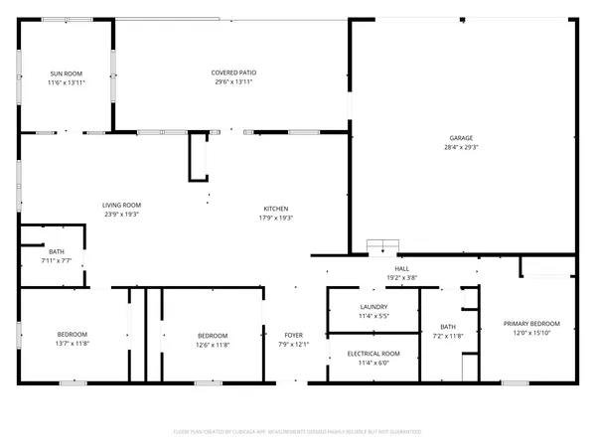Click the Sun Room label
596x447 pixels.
66,74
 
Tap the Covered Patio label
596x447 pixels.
231,74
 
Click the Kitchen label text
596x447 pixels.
276,209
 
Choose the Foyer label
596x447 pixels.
293,336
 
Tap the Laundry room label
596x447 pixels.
373,307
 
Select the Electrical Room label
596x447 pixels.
373,354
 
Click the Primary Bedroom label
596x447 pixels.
531,324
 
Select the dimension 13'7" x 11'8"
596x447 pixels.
73,343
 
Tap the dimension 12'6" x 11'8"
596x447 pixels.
213,345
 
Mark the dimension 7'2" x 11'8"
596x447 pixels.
448,336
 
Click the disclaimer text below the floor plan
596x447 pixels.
298,432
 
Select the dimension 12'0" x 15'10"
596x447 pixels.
531,333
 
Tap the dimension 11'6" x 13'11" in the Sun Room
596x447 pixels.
66,82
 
